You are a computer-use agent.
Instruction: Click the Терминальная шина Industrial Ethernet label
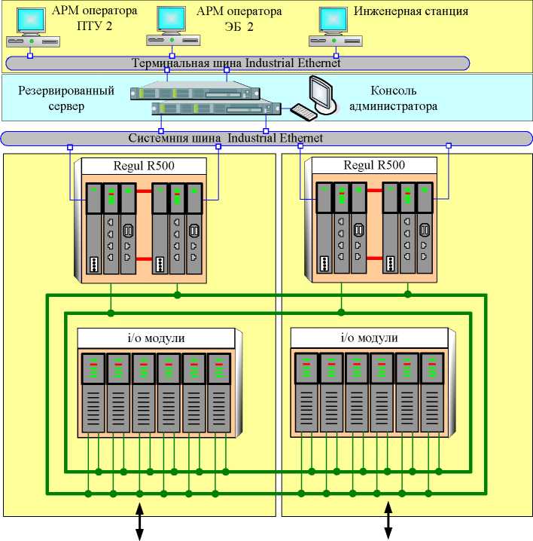click(236, 63)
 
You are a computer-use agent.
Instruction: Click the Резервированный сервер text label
click(65, 99)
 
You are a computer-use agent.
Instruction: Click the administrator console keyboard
click(305, 112)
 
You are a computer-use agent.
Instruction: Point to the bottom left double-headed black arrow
click(140, 522)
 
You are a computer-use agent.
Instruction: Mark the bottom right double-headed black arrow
click(388, 522)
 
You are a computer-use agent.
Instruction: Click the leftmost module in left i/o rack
click(91, 392)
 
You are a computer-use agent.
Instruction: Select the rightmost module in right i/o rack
click(431, 392)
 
